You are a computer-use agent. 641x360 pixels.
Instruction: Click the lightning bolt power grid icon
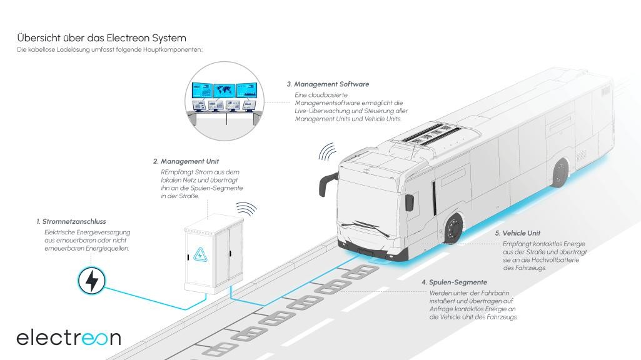[x=91, y=281]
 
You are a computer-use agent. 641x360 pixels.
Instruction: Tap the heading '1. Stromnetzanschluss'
[x=71, y=221]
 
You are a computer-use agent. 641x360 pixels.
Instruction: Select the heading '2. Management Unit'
[x=186, y=161]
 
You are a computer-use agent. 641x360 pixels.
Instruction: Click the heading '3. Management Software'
[x=328, y=84]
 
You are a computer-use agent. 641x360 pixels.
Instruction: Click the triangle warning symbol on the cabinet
[x=202, y=254]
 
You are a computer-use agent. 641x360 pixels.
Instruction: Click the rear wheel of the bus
[x=560, y=172]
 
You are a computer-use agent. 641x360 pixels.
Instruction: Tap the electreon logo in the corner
[x=69, y=337]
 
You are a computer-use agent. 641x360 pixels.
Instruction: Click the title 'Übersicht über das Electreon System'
[x=101, y=37]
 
